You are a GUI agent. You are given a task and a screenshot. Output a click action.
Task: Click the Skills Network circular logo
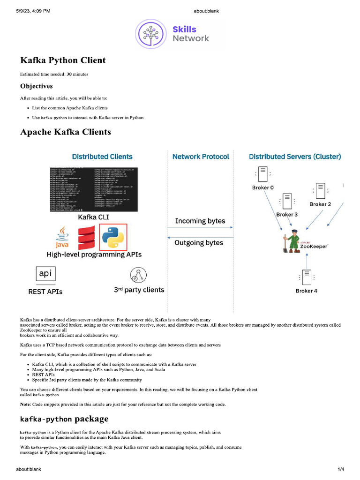151,34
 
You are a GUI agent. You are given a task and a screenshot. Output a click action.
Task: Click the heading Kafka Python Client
63,60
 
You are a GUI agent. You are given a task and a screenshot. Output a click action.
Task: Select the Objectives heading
36,86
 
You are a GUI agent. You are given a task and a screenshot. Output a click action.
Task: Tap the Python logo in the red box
113,237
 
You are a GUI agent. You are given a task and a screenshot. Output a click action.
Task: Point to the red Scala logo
86,238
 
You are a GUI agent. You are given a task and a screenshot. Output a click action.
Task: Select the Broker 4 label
307,291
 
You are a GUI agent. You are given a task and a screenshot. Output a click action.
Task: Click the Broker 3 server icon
287,202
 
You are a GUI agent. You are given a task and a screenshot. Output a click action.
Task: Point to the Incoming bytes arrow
200,228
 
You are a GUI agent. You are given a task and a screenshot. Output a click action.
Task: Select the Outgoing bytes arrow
200,237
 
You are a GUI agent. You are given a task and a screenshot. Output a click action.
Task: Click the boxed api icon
46,274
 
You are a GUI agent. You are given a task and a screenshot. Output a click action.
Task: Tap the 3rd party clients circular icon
137,275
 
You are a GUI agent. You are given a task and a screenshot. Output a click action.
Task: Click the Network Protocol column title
201,157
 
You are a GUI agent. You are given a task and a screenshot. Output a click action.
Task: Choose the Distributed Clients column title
102,157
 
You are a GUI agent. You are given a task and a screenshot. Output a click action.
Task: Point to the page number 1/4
341,469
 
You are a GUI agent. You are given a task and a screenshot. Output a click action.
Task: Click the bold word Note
26,404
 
